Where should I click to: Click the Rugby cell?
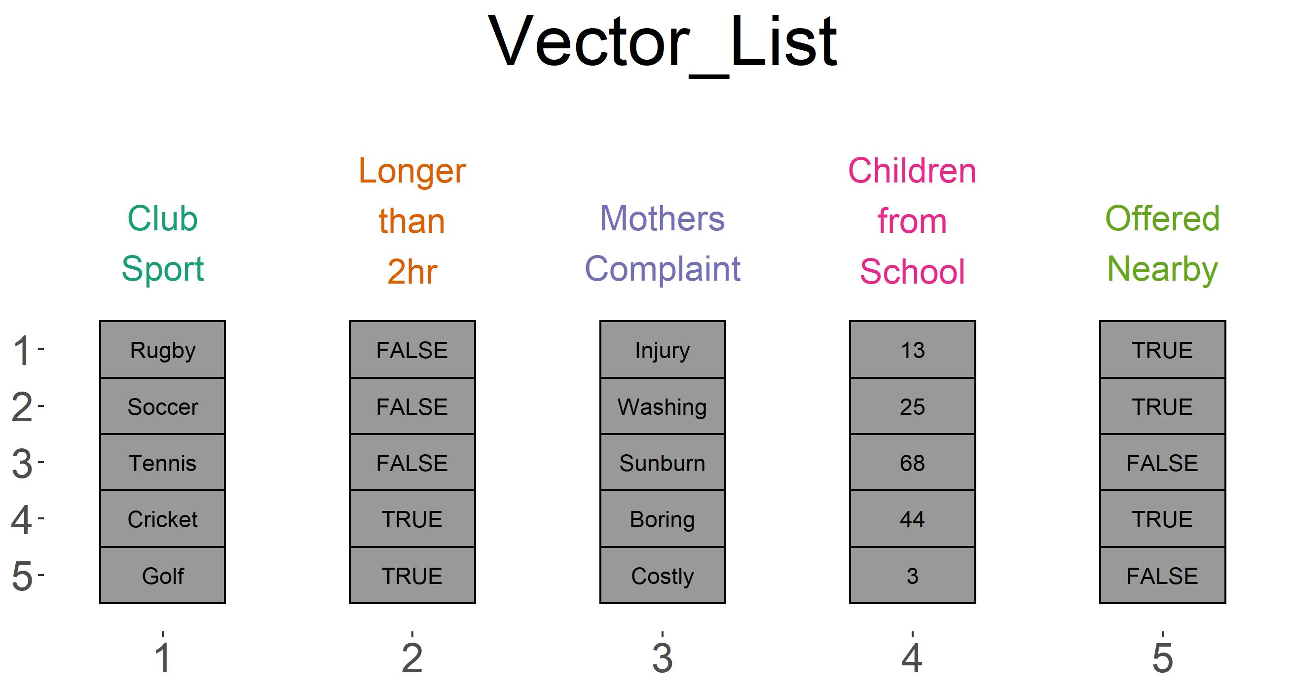pos(162,350)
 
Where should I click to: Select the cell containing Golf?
pos(162,576)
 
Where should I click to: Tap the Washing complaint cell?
pos(662,406)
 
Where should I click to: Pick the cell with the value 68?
pos(912,463)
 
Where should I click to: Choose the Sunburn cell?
pos(662,463)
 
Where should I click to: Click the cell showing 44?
pos(912,519)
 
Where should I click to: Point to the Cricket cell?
pos(162,519)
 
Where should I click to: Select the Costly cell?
pos(662,576)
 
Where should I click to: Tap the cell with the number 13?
pos(912,350)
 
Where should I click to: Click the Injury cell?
pos(662,350)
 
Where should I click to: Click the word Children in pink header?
pos(912,171)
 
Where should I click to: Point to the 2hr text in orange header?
pos(412,271)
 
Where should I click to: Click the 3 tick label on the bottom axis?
pos(662,658)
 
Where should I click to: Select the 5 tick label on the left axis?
pos(22,576)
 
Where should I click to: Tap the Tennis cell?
pos(162,463)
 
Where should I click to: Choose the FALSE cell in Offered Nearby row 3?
pos(1162,463)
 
